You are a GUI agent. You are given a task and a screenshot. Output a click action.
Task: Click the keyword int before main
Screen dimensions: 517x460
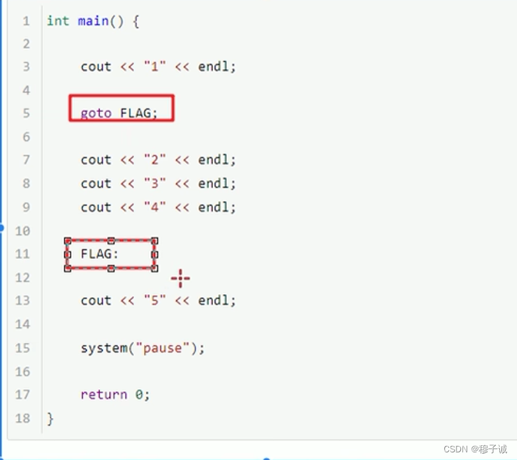(57, 20)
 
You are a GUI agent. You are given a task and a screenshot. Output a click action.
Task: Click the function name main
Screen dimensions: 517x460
(93, 20)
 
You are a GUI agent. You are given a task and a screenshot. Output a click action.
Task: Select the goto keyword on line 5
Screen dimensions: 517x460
(96, 113)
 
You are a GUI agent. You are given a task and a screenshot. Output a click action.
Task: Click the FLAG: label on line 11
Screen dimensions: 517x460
(99, 254)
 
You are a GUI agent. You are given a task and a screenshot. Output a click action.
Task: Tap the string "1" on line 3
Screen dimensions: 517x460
(155, 66)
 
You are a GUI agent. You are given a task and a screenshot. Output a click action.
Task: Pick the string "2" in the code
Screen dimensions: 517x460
(155, 160)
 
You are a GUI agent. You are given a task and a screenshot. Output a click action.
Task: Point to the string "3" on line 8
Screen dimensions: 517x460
(155, 184)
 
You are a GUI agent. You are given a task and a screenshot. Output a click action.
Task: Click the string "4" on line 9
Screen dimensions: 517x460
(155, 207)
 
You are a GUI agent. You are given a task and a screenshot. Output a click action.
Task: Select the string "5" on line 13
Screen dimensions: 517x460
(155, 300)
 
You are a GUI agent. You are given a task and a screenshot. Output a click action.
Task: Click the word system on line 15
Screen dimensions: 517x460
(103, 348)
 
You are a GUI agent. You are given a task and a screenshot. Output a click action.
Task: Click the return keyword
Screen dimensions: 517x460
(103, 395)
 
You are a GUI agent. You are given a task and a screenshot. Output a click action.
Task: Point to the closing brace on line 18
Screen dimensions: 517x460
(50, 419)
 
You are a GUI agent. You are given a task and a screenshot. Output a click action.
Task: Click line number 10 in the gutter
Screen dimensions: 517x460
(22, 230)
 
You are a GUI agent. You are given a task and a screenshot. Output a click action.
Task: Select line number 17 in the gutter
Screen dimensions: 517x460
(22, 395)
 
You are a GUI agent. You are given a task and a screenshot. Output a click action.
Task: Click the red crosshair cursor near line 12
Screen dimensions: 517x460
(180, 279)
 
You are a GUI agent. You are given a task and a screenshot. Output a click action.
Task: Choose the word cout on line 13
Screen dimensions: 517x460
(96, 300)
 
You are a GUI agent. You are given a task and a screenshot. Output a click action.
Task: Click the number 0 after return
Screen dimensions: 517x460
(139, 395)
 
